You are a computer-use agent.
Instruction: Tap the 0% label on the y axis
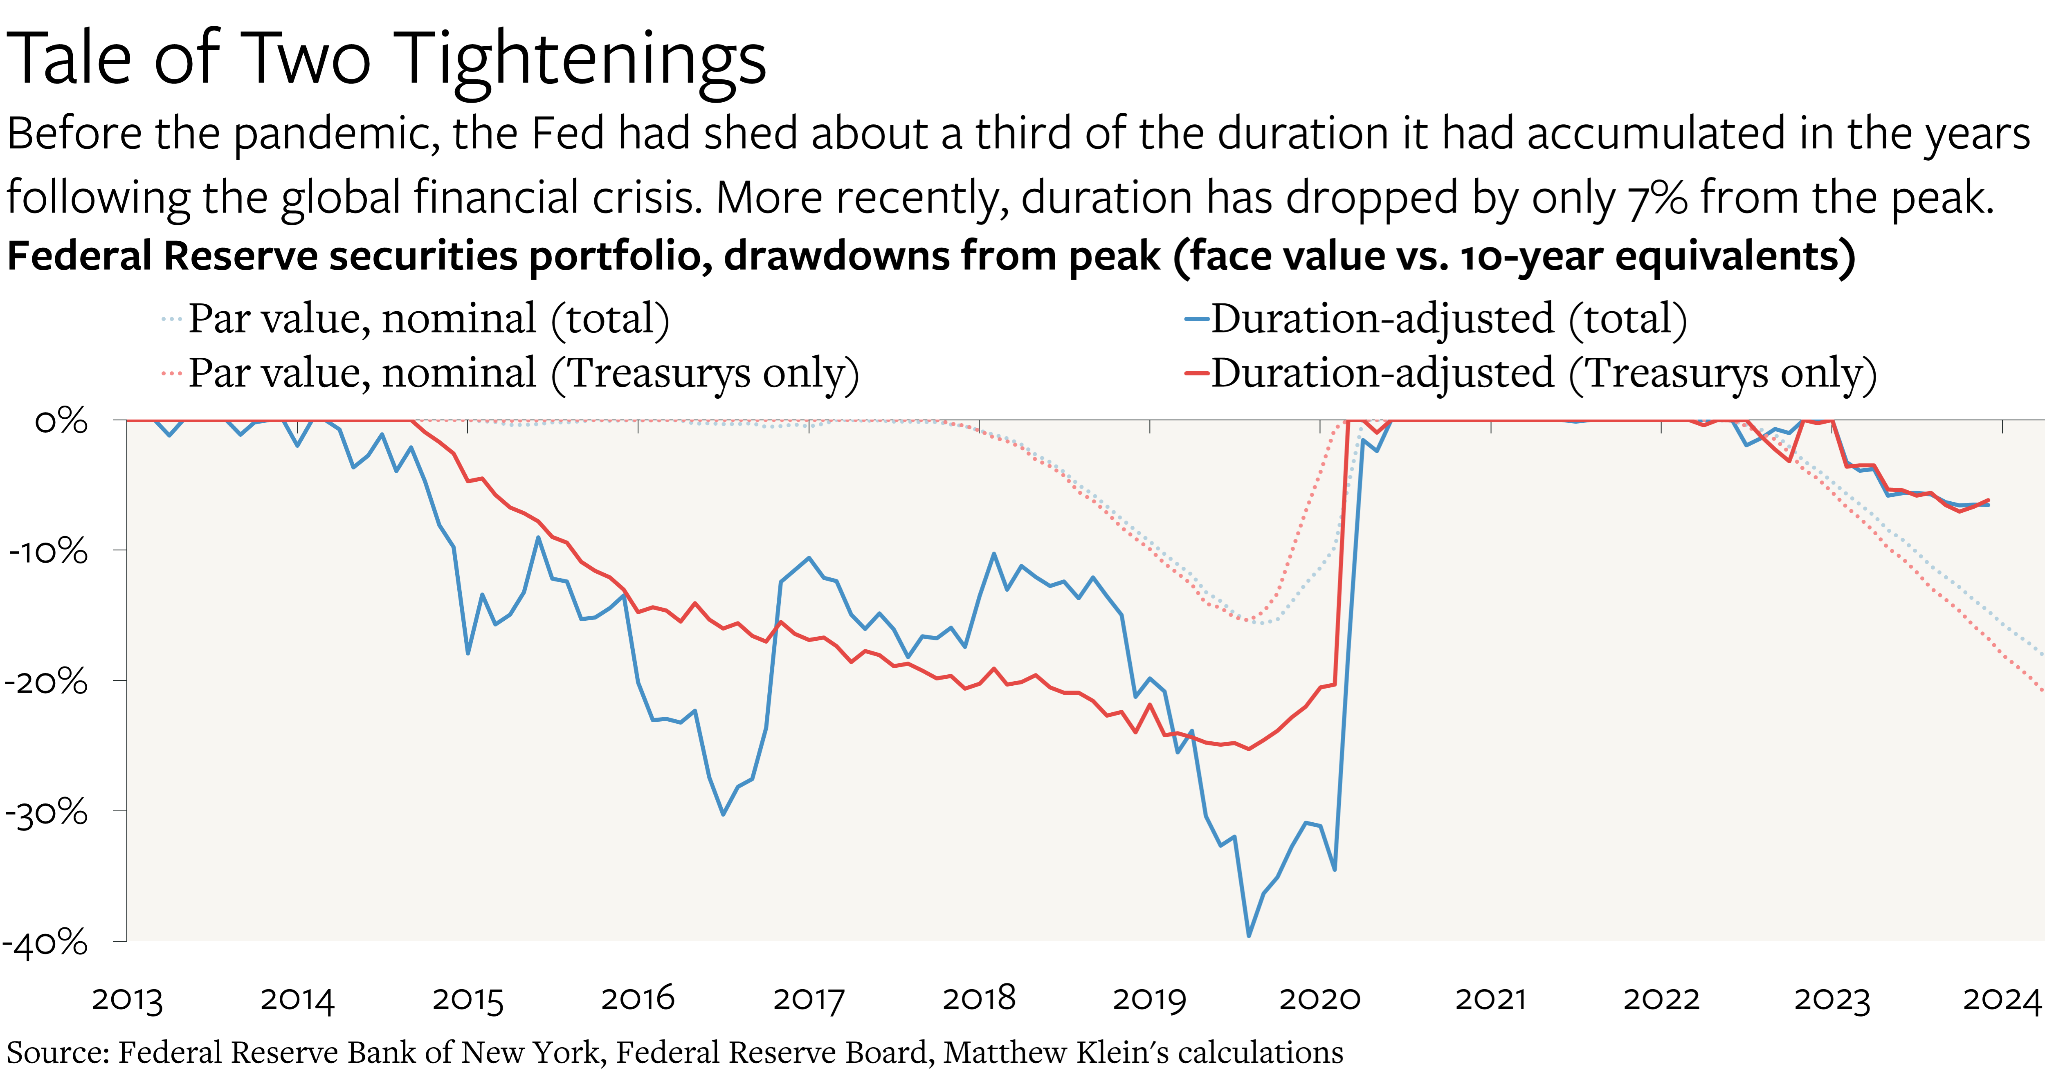[61, 421]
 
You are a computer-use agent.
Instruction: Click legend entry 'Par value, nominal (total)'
[429, 319]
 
